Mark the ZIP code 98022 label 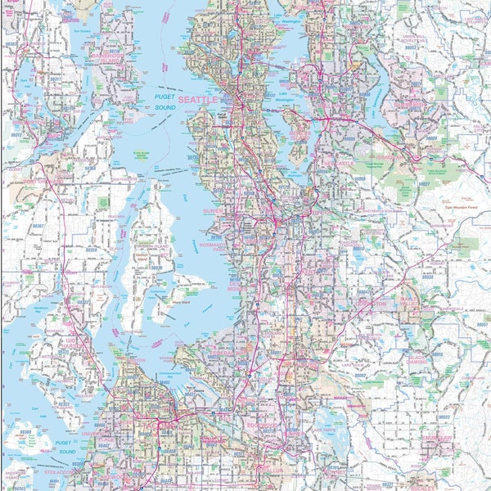tap(443, 417)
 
